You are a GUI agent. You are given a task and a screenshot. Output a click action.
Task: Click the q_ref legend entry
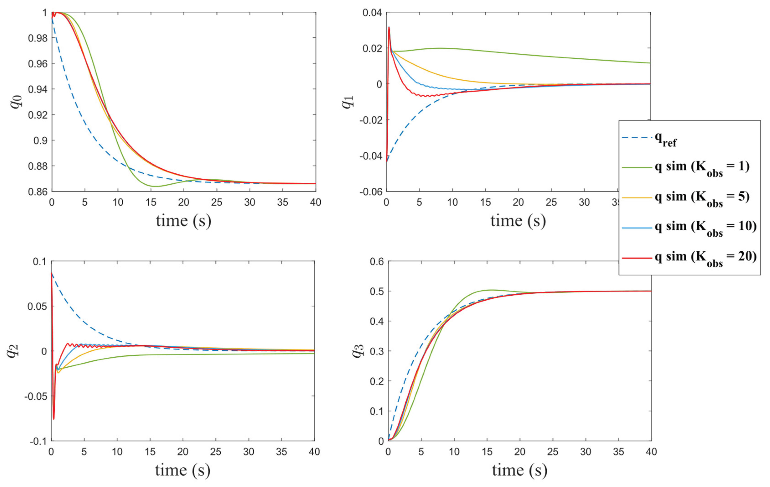649,139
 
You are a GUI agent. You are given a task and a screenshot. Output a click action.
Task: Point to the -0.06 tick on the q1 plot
371,192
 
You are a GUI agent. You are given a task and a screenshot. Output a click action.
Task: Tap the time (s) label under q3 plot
520,470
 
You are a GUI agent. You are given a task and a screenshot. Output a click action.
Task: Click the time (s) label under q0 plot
183,221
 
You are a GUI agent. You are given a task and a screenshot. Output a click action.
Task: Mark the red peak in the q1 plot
389,27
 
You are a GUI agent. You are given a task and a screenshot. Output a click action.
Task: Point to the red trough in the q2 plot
54,419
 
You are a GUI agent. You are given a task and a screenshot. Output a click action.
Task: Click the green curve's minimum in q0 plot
155,186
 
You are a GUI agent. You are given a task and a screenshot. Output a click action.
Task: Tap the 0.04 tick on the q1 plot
372,13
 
